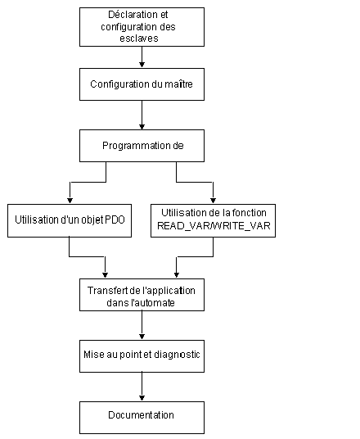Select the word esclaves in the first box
(x=139, y=38)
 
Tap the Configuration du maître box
(x=142, y=84)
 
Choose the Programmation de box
(x=142, y=146)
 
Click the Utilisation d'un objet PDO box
(x=70, y=220)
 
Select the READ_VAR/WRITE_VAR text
(x=214, y=226)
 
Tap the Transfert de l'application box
(x=142, y=295)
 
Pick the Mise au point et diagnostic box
(x=142, y=356)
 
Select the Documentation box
(x=142, y=418)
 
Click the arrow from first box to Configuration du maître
(x=142, y=57)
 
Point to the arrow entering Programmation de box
(x=142, y=115)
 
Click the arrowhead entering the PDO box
(x=70, y=201)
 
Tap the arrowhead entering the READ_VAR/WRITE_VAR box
(x=214, y=201)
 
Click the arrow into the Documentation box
(x=142, y=387)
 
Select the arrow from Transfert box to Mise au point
(x=142, y=325)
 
